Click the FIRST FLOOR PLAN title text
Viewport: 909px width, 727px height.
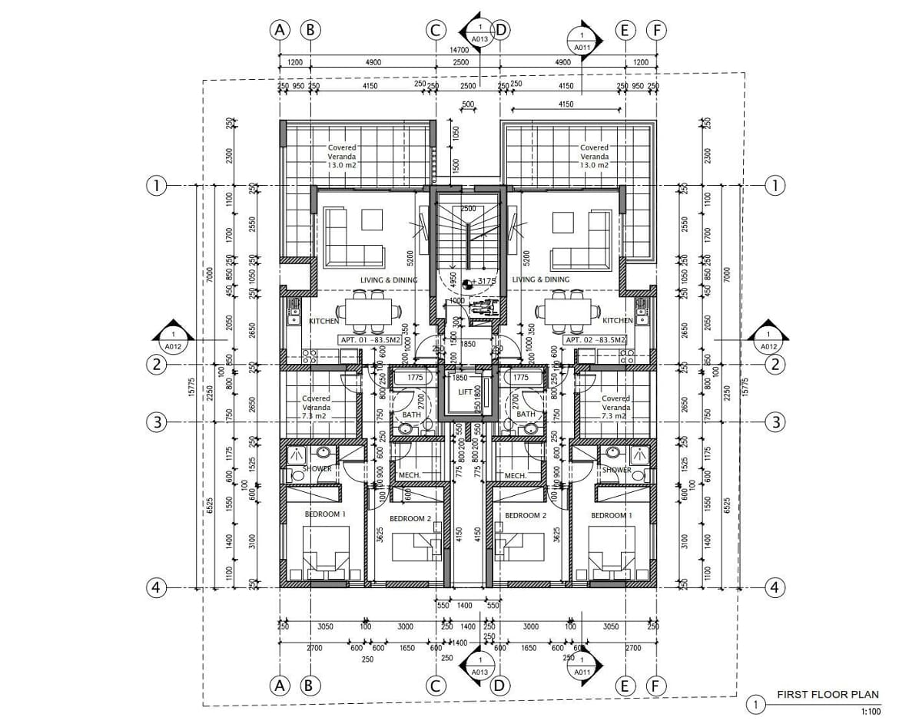828,695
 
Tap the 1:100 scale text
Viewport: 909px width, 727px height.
870,712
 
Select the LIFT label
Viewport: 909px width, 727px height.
465,392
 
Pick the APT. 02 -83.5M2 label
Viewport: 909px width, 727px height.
595,339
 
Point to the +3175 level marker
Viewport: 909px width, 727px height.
483,281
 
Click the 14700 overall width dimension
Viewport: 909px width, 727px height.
459,50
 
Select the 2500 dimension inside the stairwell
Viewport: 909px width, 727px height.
468,209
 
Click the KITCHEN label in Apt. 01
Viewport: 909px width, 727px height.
324,321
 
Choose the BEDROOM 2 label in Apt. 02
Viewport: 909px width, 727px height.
526,516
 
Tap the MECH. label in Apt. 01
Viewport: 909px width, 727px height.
410,475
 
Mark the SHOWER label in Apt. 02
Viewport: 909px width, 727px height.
616,470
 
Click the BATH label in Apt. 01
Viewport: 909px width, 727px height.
412,415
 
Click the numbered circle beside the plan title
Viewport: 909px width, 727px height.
756,704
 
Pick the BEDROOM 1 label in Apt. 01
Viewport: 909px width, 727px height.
325,514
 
